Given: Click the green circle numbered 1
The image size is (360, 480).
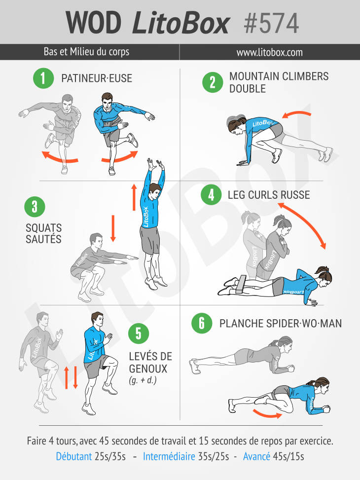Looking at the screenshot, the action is (x=43, y=78).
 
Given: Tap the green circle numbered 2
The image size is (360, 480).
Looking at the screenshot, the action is (x=213, y=82).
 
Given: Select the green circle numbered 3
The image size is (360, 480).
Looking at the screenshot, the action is (x=35, y=207).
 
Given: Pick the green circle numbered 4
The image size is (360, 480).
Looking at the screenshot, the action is (x=211, y=195).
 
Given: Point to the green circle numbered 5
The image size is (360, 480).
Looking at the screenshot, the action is (x=139, y=333).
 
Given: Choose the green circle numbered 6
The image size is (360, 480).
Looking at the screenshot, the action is (x=202, y=323).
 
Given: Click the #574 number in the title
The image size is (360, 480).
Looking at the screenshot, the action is (x=271, y=24).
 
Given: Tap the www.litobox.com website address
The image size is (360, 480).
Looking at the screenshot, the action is (x=269, y=52).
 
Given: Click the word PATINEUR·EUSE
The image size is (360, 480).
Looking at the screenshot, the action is (x=97, y=78).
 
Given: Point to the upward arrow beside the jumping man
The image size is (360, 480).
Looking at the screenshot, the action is (x=134, y=197).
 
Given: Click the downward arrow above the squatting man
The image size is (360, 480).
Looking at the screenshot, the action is (x=113, y=228).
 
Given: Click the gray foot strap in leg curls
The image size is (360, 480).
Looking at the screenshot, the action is (x=241, y=284).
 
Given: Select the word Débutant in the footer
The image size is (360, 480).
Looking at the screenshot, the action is (x=74, y=456).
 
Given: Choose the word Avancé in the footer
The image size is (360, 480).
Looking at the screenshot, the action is (x=256, y=456).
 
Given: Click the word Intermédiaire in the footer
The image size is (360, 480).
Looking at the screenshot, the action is (x=169, y=456).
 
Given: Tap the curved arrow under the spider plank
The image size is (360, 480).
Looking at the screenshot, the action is (x=267, y=413).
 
